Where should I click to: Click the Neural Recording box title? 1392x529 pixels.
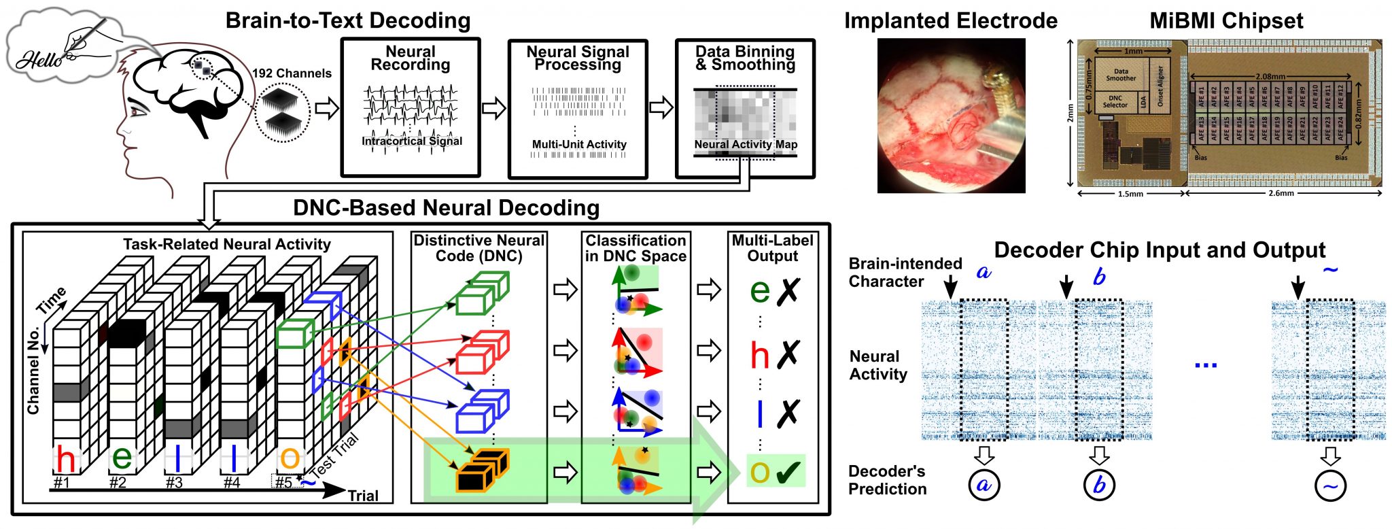coord(410,58)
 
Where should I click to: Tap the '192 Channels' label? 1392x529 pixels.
coord(292,73)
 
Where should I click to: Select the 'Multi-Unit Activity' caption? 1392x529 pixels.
coord(579,144)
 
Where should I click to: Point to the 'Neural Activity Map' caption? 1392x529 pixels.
coord(746,144)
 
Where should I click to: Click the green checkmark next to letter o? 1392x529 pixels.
coord(788,471)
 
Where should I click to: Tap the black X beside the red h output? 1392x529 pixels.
coord(788,354)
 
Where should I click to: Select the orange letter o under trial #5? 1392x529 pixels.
coord(290,458)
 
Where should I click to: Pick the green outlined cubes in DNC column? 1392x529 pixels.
coord(482,292)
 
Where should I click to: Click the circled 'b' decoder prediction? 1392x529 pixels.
coord(1099,485)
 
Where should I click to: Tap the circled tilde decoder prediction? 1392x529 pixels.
coord(1330,485)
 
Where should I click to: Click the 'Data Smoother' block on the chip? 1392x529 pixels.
coord(1121,75)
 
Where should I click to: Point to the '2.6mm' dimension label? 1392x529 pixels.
coord(1281,194)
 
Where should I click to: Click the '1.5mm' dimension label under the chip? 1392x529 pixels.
coord(1130,194)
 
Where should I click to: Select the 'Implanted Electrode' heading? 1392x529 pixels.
coord(950,21)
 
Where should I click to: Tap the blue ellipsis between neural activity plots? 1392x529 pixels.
coord(1206,366)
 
